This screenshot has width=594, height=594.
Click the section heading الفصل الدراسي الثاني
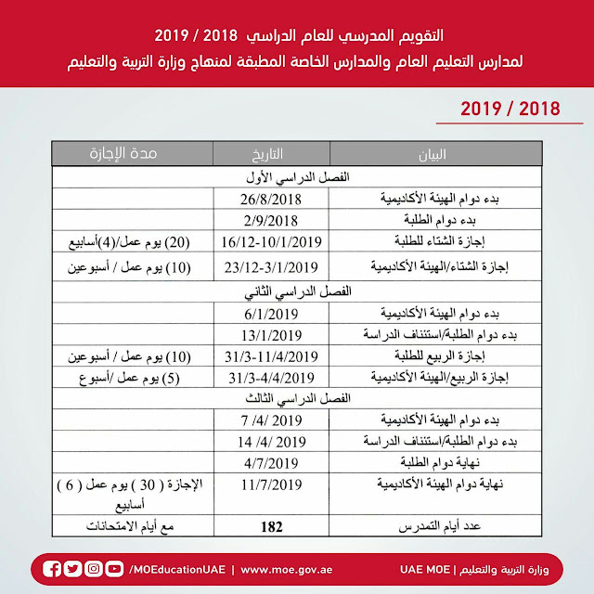[x=295, y=291]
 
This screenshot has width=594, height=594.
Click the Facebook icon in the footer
[x=53, y=568]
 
